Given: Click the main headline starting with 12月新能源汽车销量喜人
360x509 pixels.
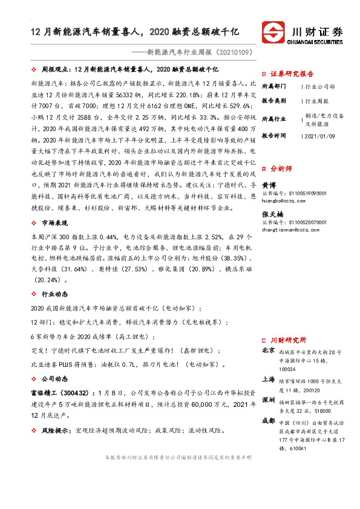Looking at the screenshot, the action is [136, 30].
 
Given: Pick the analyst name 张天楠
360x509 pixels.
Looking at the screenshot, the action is [272, 215].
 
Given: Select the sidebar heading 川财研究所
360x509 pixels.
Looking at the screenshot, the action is [288, 340].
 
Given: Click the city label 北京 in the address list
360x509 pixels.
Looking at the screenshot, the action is [268, 351].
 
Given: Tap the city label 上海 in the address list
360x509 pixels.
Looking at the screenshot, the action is [268, 380].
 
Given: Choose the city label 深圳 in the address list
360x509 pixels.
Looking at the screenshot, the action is [268, 400].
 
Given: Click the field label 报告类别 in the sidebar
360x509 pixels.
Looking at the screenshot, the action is [275, 101].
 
